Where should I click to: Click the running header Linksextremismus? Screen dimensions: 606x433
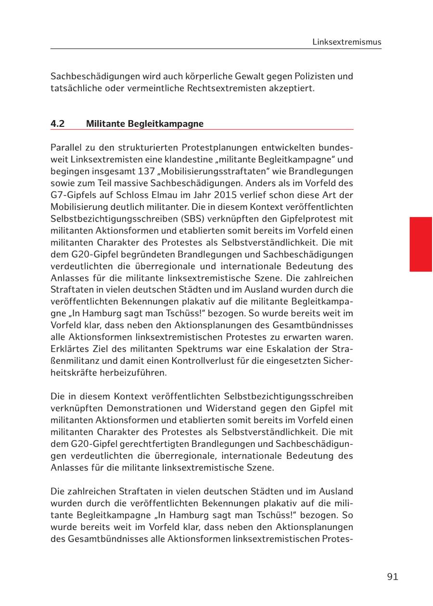click(346, 42)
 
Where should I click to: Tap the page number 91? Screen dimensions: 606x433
click(392, 577)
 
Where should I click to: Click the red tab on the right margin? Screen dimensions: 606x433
click(420, 244)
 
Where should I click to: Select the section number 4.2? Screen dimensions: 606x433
click(58, 124)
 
